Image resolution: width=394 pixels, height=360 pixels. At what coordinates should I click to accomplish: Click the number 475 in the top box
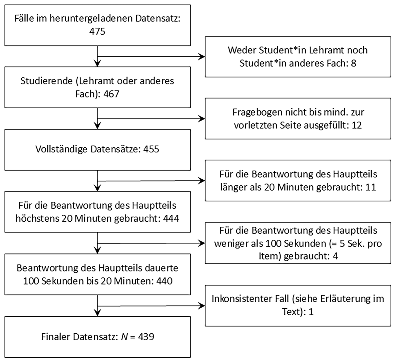click(97, 31)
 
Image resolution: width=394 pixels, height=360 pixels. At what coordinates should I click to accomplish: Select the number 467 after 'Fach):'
click(111, 94)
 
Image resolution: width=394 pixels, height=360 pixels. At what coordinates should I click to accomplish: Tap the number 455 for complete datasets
click(151, 149)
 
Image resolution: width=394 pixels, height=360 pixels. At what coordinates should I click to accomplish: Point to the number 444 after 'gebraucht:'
click(171, 218)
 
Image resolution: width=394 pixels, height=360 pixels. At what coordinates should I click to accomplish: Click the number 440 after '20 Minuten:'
click(164, 281)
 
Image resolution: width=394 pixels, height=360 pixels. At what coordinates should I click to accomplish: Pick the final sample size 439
click(146, 337)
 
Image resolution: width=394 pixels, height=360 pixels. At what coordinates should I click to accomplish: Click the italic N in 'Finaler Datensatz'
click(124, 337)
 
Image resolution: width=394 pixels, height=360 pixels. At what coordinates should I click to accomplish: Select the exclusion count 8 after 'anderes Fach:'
click(354, 63)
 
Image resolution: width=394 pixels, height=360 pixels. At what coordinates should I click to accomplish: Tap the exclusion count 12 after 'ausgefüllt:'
click(357, 125)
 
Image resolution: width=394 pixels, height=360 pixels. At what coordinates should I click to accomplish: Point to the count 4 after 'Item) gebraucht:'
click(335, 256)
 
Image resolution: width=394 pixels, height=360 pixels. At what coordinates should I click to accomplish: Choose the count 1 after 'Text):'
click(311, 312)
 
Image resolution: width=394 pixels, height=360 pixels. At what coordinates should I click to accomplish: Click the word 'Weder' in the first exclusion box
click(242, 50)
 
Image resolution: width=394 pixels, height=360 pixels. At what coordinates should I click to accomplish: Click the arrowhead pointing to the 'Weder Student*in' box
click(202, 57)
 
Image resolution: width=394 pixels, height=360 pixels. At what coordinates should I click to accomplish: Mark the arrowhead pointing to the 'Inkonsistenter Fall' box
click(202, 306)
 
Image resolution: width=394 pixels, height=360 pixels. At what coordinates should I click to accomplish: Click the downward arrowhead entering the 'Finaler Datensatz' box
click(97, 313)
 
